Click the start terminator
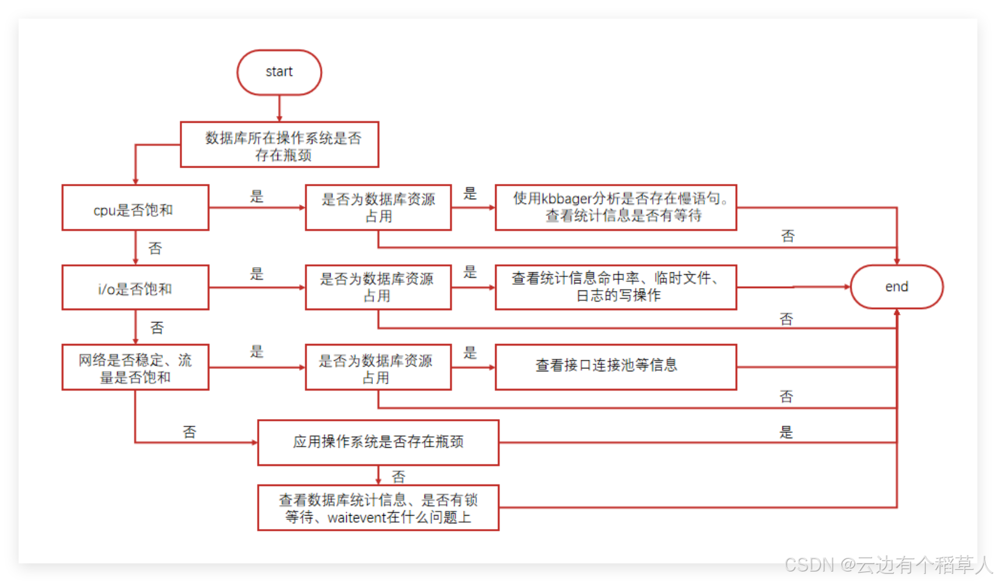coord(279,72)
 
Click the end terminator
coord(897,287)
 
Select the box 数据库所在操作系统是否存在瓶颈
coord(280,145)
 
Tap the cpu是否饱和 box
coord(135,208)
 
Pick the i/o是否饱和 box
coord(135,288)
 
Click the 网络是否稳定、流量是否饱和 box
coord(135,367)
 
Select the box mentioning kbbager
coord(616,208)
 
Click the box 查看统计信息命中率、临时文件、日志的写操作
coord(616,288)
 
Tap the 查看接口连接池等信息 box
coord(616,367)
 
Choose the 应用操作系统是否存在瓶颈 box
coord(378,442)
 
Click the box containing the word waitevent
coord(378,508)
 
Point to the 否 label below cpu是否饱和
coord(155,249)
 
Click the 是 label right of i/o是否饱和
coord(257,274)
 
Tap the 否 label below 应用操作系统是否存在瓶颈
coord(399,477)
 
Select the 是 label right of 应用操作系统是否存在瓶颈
coord(786,432)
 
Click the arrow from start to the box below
coord(279,109)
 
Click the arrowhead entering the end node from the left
coord(847,287)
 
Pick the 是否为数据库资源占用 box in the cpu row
coord(378,208)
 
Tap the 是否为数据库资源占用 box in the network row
coord(378,367)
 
